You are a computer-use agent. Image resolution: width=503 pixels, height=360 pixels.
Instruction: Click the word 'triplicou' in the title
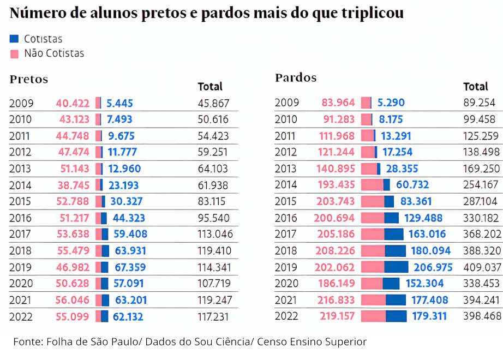coord(371,13)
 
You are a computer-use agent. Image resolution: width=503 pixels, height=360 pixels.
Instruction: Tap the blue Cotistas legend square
coord(14,39)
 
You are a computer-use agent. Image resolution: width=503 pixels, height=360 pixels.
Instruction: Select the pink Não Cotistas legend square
coord(14,53)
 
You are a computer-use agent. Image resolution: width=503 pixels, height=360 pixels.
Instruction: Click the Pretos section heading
coord(29,79)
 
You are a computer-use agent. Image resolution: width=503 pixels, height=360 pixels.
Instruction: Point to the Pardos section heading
coord(296,78)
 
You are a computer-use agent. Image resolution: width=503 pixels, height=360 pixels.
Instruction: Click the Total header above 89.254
coord(476,86)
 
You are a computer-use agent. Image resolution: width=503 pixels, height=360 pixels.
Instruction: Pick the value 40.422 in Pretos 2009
coord(73,103)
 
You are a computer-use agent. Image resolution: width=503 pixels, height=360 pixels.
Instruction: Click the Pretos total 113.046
coord(215,235)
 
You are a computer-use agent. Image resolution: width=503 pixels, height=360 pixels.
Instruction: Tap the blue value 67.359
coord(130,267)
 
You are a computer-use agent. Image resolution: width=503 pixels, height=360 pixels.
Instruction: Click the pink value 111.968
coord(333,136)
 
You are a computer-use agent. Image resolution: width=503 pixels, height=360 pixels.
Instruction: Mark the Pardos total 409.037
coord(482,267)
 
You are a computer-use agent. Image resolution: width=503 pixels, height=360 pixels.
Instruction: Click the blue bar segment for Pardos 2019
coord(397,267)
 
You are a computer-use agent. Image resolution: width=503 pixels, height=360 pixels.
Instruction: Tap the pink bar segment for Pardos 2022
coord(373,316)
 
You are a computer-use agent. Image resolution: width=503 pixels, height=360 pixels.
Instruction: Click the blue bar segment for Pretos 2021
coord(105,300)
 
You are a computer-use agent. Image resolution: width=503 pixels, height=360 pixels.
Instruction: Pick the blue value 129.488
coord(426,218)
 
